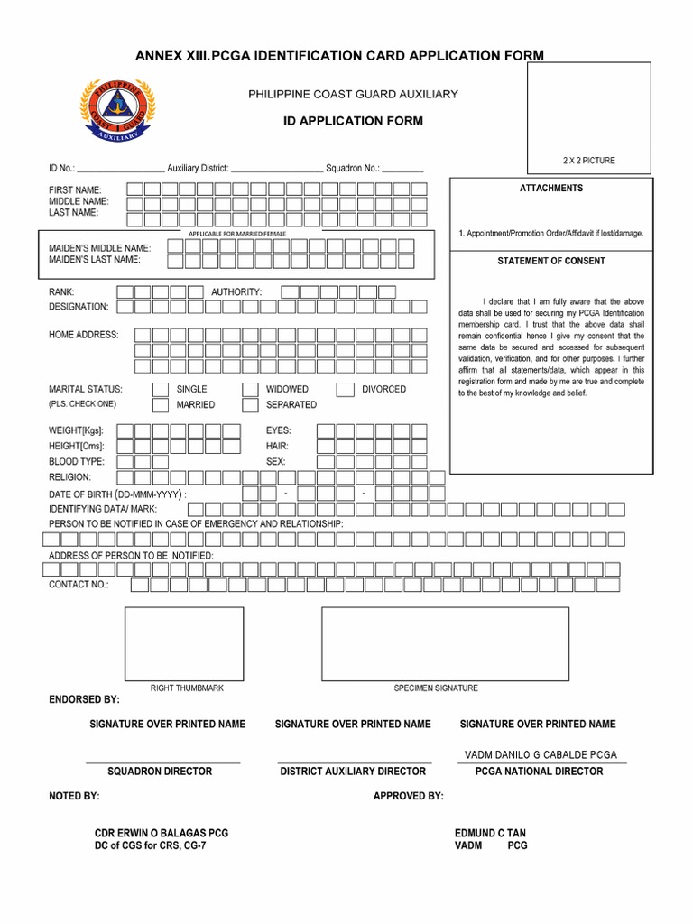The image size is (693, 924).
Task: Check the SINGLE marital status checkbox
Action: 160,390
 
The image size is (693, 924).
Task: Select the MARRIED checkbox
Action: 160,405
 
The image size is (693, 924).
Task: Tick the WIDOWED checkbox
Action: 250,390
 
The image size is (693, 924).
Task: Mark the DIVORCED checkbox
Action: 345,390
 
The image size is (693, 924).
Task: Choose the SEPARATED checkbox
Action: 250,405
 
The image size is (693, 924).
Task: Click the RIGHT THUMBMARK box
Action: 184,643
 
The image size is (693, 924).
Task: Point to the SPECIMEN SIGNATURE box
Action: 445,643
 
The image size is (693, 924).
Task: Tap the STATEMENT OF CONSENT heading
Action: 551,261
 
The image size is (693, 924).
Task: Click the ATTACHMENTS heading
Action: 551,188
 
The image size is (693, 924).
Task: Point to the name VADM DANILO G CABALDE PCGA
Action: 541,754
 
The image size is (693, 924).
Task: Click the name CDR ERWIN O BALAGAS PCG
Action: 162,833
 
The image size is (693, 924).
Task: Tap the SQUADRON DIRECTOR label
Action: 160,772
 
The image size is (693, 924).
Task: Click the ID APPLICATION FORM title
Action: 353,121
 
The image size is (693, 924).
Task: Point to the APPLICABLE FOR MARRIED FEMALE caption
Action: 237,234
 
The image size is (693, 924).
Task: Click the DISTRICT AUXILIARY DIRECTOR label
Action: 353,772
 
